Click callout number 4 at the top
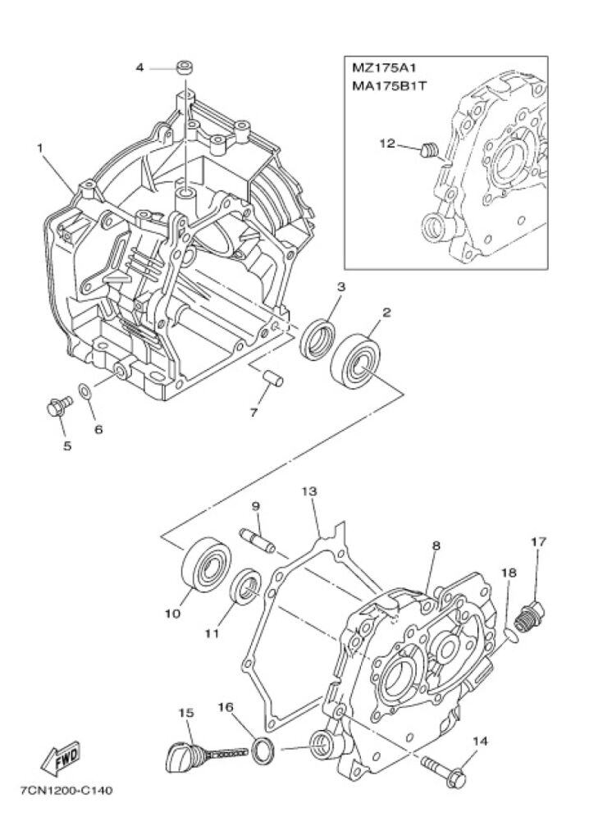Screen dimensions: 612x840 [139, 68]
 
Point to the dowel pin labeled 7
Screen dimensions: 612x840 [274, 378]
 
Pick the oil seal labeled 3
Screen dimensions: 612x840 [318, 339]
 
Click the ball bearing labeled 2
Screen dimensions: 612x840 [355, 360]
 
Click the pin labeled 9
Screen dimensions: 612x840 [257, 540]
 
